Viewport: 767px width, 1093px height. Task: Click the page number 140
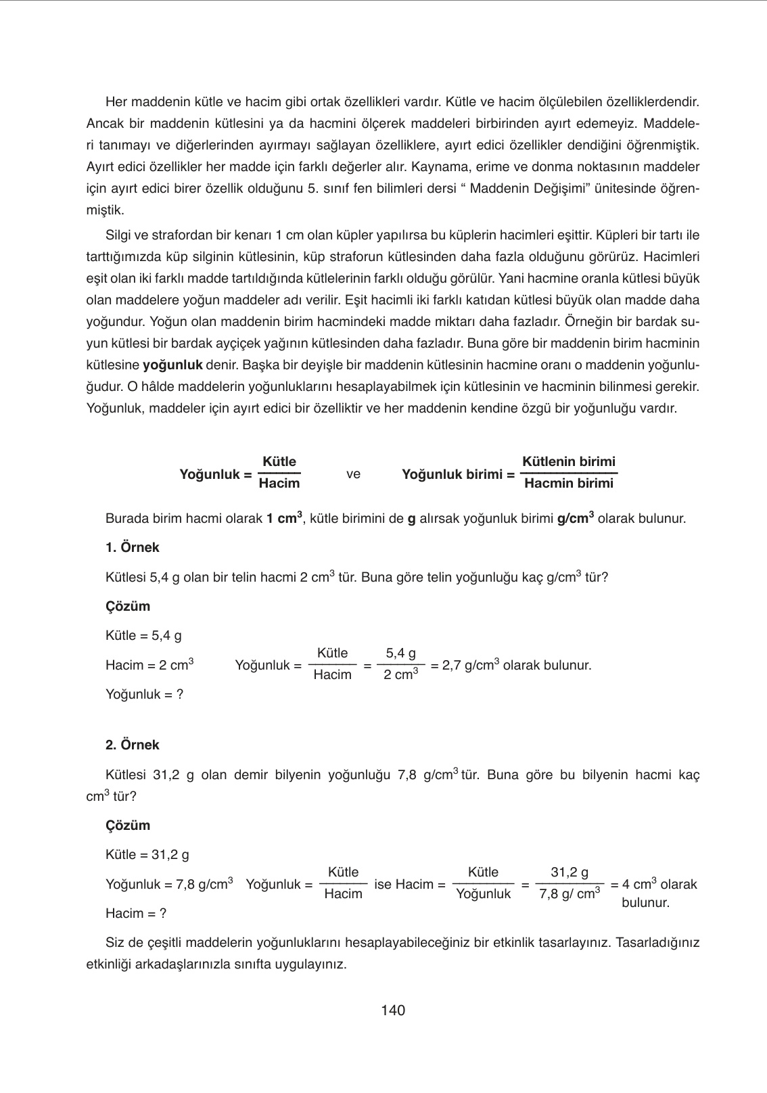(x=392, y=1010)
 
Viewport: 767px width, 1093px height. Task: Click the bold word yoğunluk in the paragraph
(x=173, y=365)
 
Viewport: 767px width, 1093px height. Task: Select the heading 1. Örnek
(x=133, y=548)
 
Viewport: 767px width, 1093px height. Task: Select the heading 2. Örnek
(x=133, y=745)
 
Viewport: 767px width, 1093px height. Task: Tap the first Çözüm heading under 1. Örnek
(x=128, y=606)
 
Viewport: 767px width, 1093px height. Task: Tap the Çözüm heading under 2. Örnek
(x=128, y=825)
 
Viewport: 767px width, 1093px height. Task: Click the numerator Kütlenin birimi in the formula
(x=569, y=462)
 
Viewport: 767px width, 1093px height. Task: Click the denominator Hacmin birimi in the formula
(x=569, y=484)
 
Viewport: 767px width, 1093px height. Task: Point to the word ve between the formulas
(x=353, y=474)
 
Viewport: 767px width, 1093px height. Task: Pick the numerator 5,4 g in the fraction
(x=400, y=653)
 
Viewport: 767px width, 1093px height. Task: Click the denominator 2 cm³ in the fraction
(x=400, y=675)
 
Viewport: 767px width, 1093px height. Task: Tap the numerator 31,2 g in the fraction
(x=570, y=873)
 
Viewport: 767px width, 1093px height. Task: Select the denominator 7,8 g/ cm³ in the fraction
(x=570, y=894)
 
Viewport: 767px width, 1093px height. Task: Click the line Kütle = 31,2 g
(x=147, y=855)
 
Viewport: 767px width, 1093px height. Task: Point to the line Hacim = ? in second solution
(x=136, y=914)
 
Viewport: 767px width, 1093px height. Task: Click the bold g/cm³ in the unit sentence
(x=575, y=519)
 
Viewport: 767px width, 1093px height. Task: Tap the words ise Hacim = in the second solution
(x=409, y=884)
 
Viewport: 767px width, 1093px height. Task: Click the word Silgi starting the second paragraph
(x=120, y=235)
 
